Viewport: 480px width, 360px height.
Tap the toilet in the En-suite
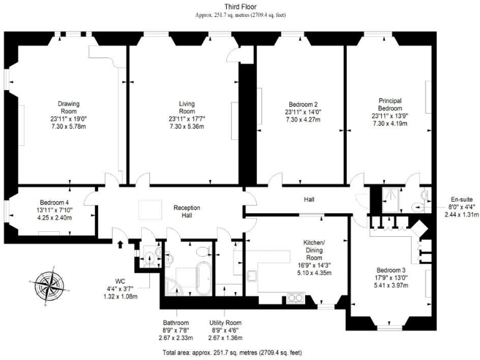click(418, 206)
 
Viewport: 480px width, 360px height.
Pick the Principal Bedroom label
click(389, 104)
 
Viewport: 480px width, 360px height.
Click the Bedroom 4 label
click(55, 202)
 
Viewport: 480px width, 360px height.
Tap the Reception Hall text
click(186, 211)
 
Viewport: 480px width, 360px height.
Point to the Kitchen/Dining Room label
click(314, 246)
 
